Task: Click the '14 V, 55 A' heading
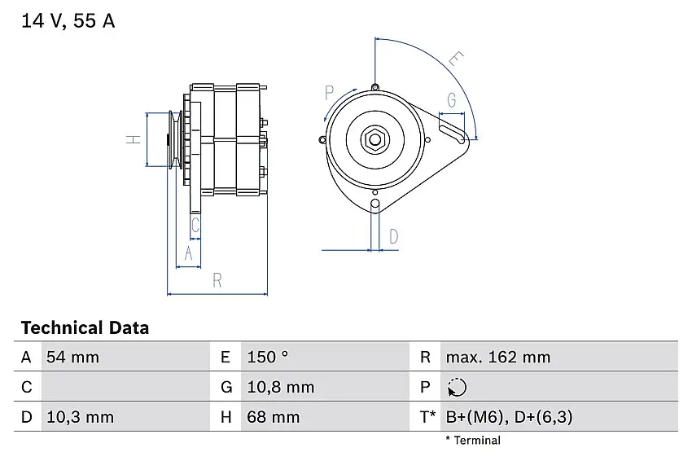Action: click(68, 20)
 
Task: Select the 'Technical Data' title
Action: click(85, 327)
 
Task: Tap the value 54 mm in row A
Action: click(72, 357)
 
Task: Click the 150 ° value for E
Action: click(268, 357)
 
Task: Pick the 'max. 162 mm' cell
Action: click(498, 357)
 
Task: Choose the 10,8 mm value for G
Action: click(281, 387)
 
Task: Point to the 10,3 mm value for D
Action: click(80, 417)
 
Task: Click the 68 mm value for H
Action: click(274, 417)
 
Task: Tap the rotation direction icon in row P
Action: click(457, 387)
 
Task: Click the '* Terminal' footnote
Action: click(473, 441)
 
